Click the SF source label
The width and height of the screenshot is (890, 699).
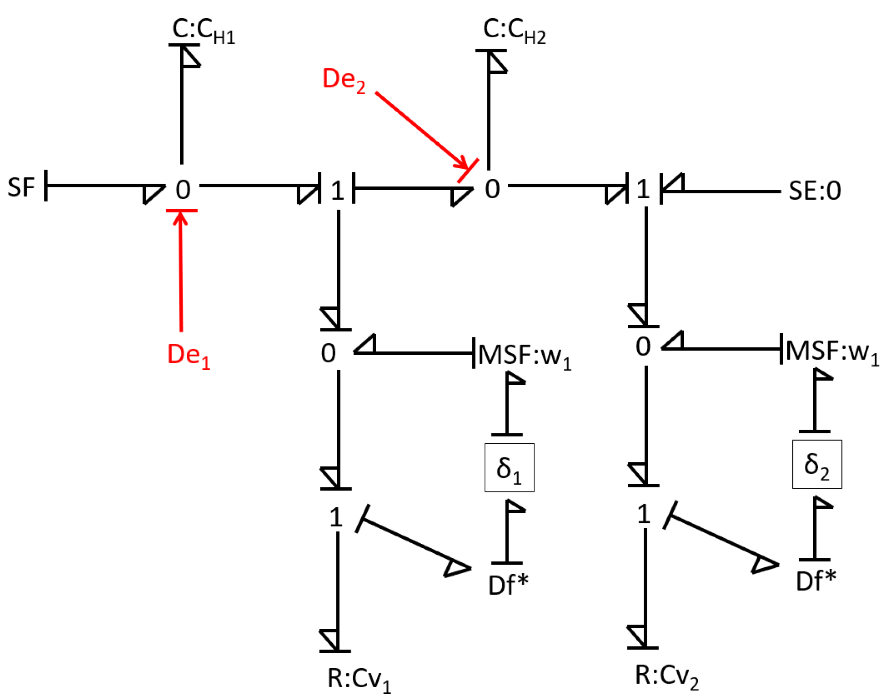(x=21, y=187)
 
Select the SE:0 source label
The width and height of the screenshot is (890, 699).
(x=814, y=191)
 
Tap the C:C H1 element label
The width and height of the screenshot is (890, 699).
(x=204, y=31)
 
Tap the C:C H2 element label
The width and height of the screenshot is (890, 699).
(x=514, y=31)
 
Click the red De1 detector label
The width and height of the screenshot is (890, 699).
(x=188, y=355)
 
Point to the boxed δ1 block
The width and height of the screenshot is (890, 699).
(x=509, y=468)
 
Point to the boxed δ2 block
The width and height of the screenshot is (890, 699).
(x=817, y=465)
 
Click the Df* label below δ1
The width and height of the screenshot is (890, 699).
(x=508, y=585)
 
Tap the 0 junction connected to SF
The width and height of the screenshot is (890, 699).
(x=183, y=190)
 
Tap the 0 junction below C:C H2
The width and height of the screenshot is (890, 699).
(x=492, y=189)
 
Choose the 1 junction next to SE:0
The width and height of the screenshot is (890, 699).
(x=642, y=189)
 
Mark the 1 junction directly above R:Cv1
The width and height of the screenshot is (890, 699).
(x=336, y=518)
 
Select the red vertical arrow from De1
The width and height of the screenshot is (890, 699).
(x=181, y=274)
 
